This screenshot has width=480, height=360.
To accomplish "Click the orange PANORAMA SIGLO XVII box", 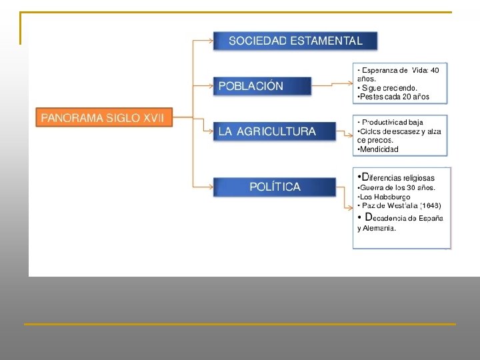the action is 103,118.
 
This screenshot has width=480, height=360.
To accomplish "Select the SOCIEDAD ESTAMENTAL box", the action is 295,41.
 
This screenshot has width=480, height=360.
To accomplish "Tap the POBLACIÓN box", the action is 262,86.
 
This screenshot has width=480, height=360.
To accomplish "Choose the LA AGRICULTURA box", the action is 273,131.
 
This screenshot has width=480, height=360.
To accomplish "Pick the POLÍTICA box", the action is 275,187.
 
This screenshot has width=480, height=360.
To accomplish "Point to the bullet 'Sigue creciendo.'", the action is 389,87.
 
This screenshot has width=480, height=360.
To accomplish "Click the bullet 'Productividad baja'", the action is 392,123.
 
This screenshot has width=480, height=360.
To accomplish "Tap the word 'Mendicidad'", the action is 379,149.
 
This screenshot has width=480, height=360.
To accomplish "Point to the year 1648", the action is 431,206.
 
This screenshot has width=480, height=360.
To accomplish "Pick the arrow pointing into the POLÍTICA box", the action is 203,187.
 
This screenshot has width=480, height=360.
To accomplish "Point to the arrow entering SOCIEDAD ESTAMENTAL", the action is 203,41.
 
